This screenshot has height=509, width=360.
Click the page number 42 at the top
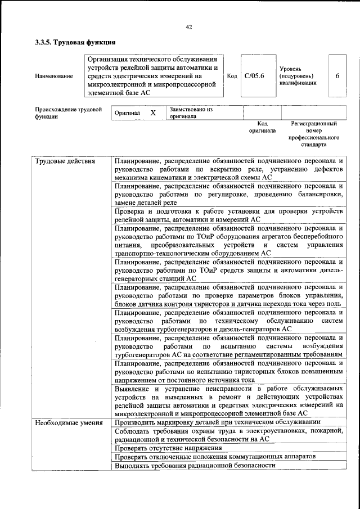(x=189, y=27)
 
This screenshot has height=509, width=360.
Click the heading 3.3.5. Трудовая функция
(x=75, y=43)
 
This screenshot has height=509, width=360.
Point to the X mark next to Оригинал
(x=152, y=113)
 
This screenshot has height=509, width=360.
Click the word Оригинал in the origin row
(x=127, y=113)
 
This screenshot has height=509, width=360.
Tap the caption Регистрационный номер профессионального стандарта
(x=313, y=133)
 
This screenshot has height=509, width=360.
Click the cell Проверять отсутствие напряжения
(x=168, y=448)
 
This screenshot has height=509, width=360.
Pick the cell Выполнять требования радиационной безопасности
(x=194, y=466)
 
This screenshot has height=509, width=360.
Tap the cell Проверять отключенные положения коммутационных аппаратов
(x=214, y=457)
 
